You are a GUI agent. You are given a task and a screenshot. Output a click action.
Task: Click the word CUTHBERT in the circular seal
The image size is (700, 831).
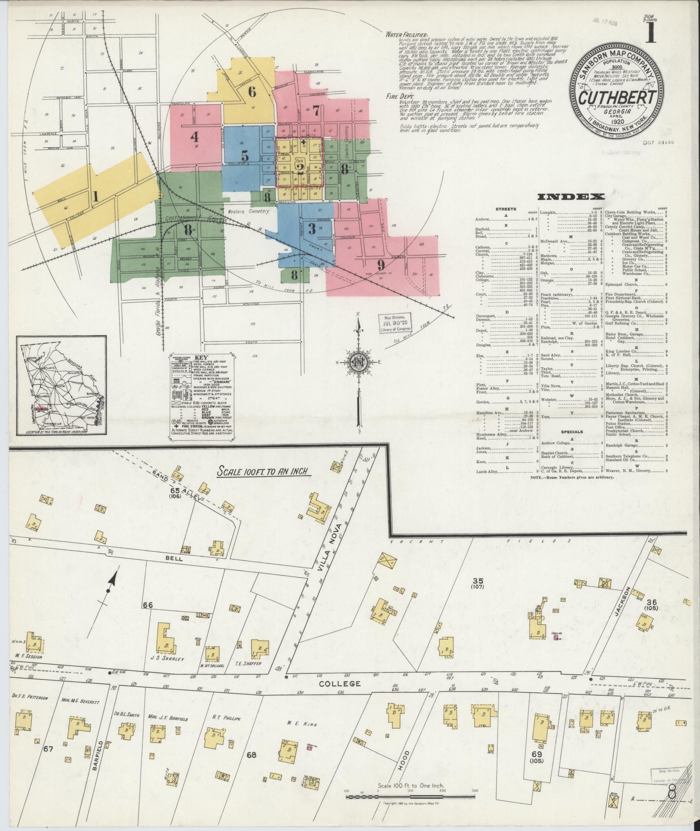coord(616,96)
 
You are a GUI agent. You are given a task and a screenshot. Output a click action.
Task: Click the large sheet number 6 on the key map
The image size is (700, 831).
coord(252,92)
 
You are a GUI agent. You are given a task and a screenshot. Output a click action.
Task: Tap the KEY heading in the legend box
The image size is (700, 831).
coord(202,358)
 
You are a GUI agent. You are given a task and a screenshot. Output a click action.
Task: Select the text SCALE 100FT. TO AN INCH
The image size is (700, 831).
coord(264,472)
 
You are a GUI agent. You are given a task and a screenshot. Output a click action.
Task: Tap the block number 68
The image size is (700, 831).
coord(251,755)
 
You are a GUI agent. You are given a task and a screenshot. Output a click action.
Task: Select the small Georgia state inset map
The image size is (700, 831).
coord(61,386)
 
